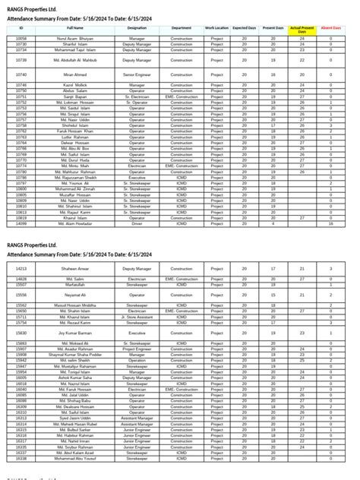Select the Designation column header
tap(137, 27)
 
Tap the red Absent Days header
tap(330, 27)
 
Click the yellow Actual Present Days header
tap(302, 27)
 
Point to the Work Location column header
tap(216, 27)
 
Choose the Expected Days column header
tap(244, 27)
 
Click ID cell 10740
tap(21, 74)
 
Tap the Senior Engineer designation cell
tap(137, 74)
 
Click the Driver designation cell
tap(137, 224)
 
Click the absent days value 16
tap(330, 224)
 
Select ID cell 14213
tap(21, 269)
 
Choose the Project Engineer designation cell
tap(137, 349)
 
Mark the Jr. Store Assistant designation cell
tap(137, 317)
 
